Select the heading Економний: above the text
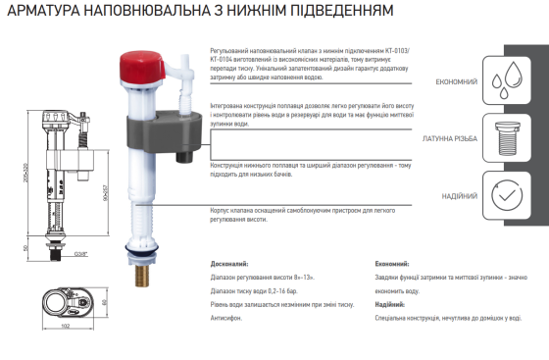tap(394, 265)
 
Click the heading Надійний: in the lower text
tap(391, 305)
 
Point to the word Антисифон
tap(231, 319)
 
